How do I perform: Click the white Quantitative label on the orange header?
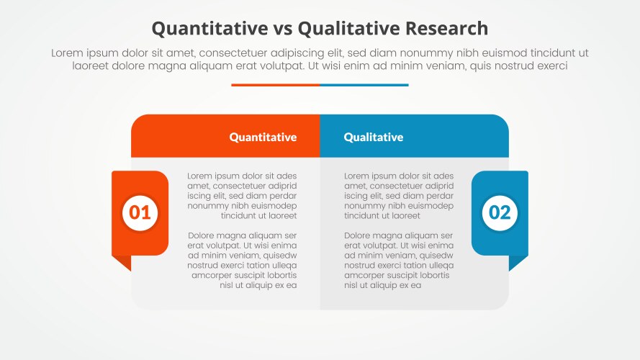263,137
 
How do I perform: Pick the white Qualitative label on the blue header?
373,137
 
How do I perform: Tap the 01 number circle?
140,212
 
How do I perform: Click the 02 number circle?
500,212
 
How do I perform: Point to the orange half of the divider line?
275,85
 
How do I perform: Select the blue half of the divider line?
364,85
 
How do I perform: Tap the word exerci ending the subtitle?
551,66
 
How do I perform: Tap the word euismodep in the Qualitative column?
431,206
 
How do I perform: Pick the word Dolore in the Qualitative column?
359,235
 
